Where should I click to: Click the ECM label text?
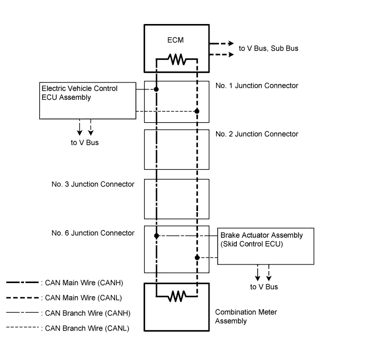(x=176, y=40)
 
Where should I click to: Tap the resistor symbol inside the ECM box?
(x=177, y=59)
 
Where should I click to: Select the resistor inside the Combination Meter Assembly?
(x=177, y=296)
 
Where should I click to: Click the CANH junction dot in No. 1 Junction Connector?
(x=156, y=89)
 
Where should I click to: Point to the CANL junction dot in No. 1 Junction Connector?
(x=197, y=111)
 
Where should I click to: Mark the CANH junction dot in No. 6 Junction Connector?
(x=157, y=236)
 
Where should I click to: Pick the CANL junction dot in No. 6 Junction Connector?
(x=197, y=257)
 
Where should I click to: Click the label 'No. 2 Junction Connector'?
(x=257, y=134)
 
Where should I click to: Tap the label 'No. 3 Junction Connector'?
(x=93, y=184)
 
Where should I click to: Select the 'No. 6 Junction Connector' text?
(x=93, y=233)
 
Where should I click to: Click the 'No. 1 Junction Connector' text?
(x=257, y=86)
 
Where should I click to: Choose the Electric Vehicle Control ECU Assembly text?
(x=79, y=93)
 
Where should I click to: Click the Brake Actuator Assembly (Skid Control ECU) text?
(x=261, y=239)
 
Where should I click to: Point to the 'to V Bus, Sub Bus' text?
(x=268, y=49)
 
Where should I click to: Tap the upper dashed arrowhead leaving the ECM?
(x=231, y=44)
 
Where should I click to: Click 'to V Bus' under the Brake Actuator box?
(x=264, y=287)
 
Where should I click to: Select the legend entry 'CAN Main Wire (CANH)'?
(x=84, y=283)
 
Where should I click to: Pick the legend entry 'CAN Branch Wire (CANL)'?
(x=87, y=328)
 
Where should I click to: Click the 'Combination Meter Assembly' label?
(x=246, y=316)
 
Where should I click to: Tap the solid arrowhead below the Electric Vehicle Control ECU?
(x=80, y=133)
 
